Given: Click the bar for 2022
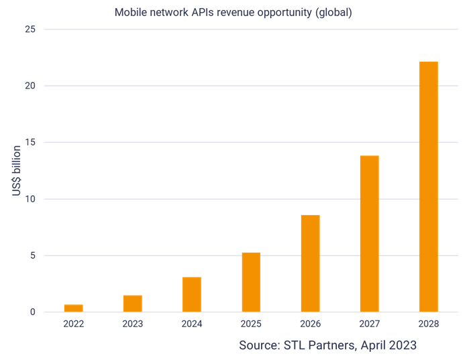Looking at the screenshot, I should (74, 308).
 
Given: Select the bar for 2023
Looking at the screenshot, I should (133, 304).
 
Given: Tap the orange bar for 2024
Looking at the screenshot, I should (192, 294).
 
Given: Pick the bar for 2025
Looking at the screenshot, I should (251, 282).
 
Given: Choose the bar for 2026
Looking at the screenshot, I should (310, 263).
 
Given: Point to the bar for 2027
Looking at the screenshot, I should (369, 234).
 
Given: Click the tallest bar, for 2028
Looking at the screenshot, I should (428, 187).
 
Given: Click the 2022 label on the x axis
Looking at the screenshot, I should (74, 323).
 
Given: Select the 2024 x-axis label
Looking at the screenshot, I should (192, 323).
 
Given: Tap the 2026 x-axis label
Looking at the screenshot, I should (310, 323).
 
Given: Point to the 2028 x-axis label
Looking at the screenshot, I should (428, 323).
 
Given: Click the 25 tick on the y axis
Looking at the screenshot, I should (30, 29).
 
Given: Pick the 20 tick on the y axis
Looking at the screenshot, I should (30, 86).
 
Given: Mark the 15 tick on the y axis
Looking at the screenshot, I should (30, 142).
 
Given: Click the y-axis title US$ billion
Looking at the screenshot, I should (16, 170).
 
